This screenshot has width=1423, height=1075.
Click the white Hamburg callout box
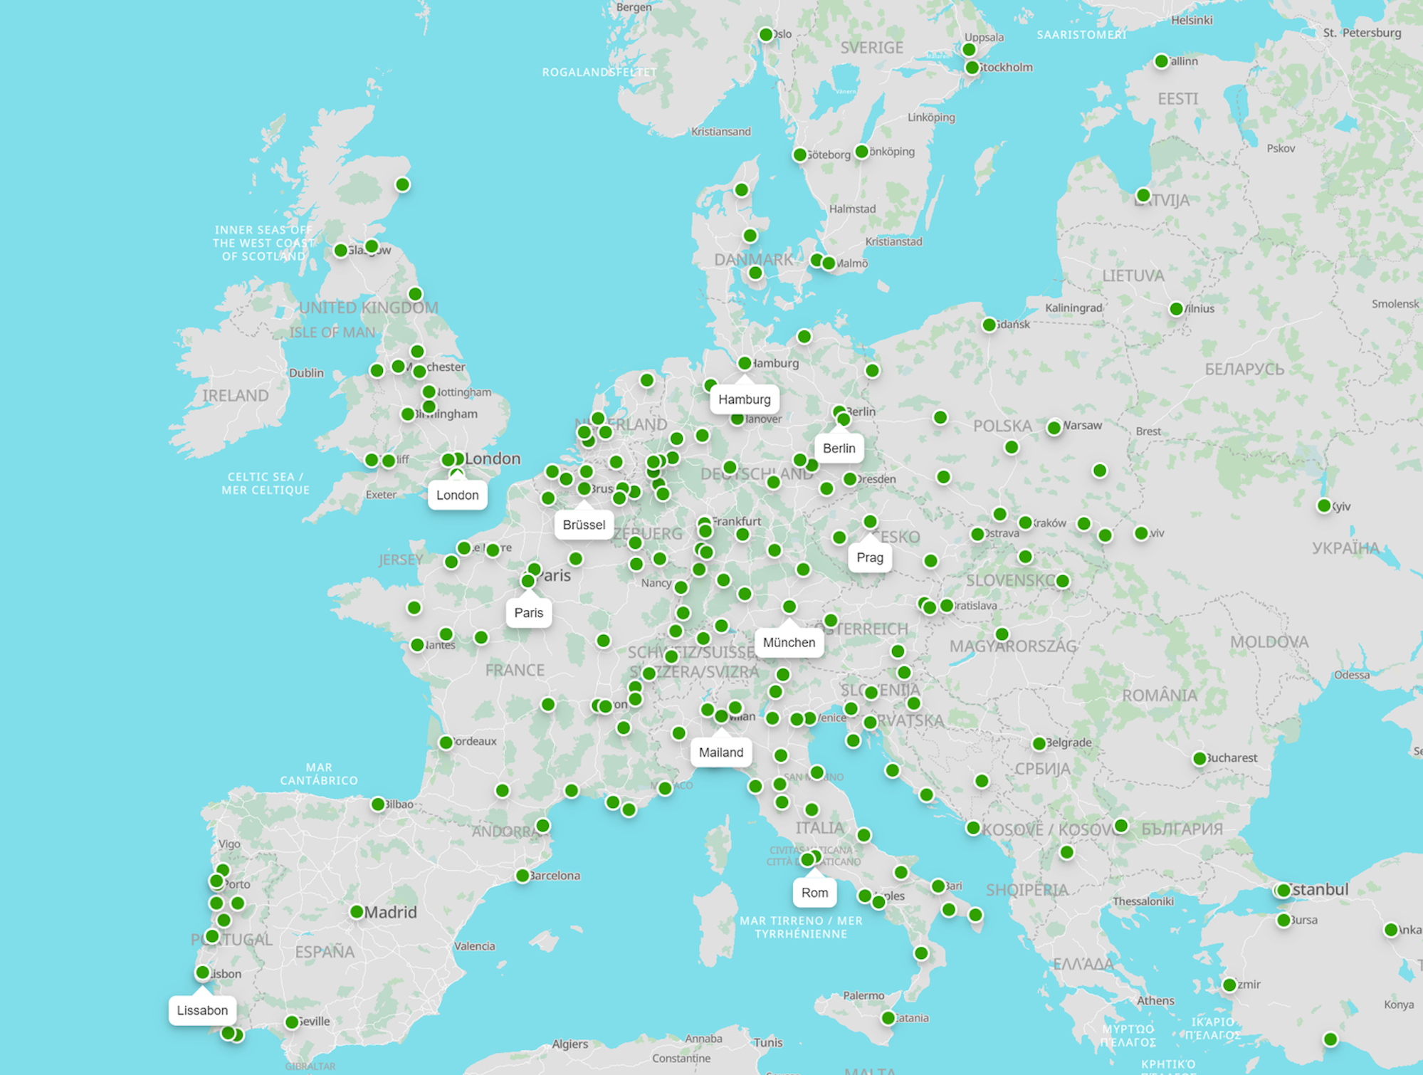point(744,399)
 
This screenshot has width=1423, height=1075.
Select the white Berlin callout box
point(839,449)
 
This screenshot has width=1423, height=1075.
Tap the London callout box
point(457,495)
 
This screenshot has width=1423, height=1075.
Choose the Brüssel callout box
point(584,525)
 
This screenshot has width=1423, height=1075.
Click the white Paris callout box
point(528,613)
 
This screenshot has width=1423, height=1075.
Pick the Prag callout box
point(869,558)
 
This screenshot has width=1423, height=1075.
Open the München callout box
point(789,643)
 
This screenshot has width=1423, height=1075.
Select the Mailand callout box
point(720,752)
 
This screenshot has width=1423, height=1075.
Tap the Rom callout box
point(814,893)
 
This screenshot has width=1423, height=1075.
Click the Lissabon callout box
point(202,1011)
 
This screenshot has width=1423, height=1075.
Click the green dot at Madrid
point(357,912)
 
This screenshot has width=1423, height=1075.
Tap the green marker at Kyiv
point(1323,506)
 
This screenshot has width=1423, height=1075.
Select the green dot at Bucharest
point(1199,759)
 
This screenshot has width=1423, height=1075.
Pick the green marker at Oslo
point(766,35)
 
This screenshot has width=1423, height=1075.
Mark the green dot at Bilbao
point(378,804)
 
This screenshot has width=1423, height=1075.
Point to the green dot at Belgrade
point(1039,744)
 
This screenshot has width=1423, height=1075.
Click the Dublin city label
point(306,373)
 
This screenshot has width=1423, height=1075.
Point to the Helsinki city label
point(1192,20)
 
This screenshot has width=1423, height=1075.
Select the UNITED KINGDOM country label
point(368,308)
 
